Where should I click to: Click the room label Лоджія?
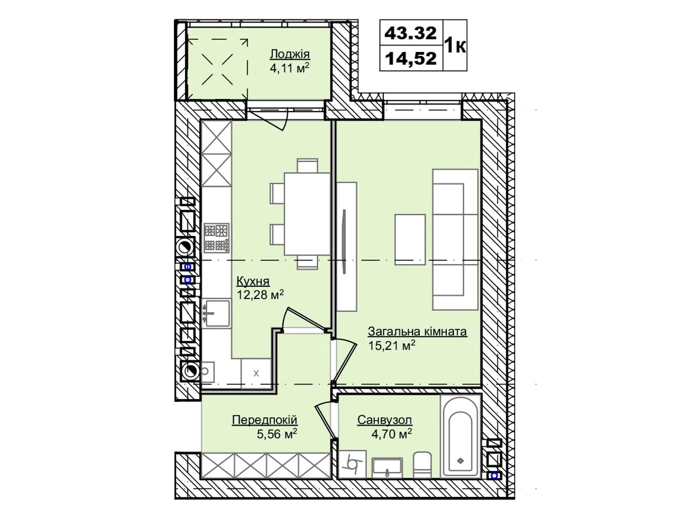pos(289,54)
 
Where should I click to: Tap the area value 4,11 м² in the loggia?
pos(289,68)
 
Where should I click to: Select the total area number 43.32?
pos(410,33)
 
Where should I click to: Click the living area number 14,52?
pos(410,58)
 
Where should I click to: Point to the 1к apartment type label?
pos(455,45)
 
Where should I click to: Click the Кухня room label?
pos(253,281)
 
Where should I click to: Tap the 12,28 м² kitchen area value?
pos(260,295)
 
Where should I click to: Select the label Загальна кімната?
pos(417,332)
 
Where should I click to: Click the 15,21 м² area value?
pos(391,346)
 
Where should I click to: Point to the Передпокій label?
pos(264,420)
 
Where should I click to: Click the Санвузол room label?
pos(384,420)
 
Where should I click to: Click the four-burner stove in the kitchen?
pos(216,237)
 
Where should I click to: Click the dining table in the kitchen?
pos(307,214)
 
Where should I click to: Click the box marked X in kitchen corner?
pos(256,373)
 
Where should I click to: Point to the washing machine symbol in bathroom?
pos(352,464)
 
